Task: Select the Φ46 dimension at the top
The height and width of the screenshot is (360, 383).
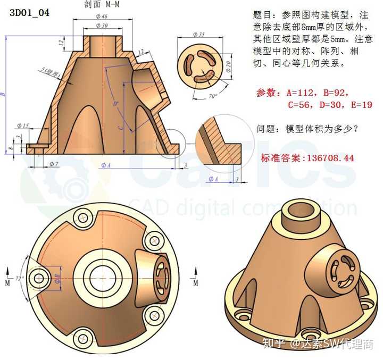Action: [x=102, y=17]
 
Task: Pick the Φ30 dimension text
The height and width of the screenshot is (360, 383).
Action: [x=102, y=26]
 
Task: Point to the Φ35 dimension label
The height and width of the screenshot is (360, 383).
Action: [x=199, y=35]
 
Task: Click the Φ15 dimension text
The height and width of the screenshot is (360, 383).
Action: [x=23, y=126]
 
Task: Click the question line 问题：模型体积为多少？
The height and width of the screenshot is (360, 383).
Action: [x=307, y=129]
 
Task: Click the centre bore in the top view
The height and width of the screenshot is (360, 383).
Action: [x=101, y=277]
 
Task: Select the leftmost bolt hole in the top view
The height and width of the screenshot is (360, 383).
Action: [x=38, y=277]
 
